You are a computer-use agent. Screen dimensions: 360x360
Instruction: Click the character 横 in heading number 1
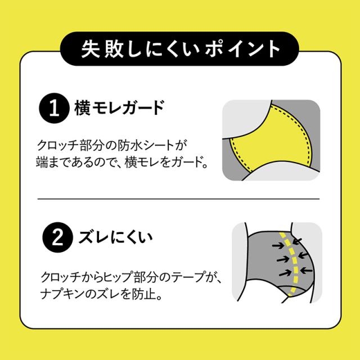tap(83, 109)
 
